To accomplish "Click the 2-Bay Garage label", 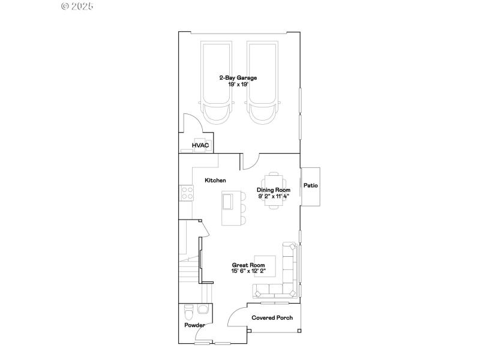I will click(238, 78).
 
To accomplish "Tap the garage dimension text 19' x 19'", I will click(238, 85).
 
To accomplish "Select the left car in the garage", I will click(216, 83).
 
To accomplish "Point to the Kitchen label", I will click(215, 181).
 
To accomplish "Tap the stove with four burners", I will click(187, 193).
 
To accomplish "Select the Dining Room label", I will click(274, 190).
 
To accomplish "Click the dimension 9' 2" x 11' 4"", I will click(274, 196).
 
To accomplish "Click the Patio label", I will click(310, 186).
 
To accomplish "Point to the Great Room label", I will click(248, 265).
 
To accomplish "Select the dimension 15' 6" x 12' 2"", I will click(248, 271).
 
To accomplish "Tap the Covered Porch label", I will click(272, 318).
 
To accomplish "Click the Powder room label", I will click(194, 325).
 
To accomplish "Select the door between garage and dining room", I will click(250, 161).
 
